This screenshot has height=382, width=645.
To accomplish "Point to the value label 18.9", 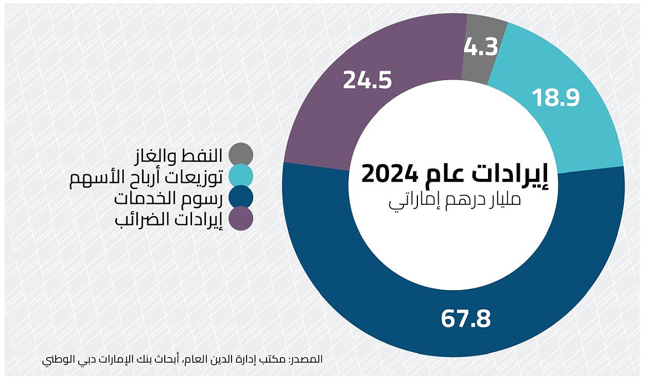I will point(556,98).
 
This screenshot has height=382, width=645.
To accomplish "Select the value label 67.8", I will point(466,319).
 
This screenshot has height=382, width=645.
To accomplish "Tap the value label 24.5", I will point(367,80).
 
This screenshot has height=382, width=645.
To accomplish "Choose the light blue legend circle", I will point(240,176).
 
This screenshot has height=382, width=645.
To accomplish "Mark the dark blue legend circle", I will point(240,197).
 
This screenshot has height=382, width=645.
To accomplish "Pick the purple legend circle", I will point(240,219).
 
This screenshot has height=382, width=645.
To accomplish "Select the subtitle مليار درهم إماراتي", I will point(454,200).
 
